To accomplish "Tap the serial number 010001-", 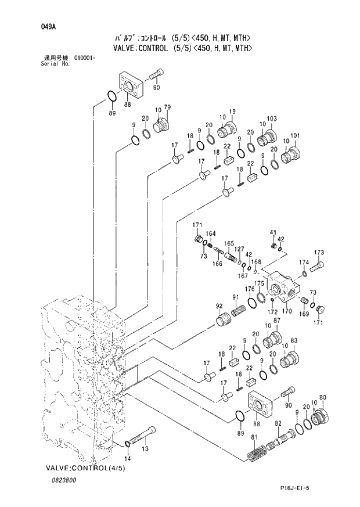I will (x=85, y=58).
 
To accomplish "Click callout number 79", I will (x=167, y=107).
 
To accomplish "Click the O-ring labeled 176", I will (x=253, y=301).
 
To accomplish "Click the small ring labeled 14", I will (x=128, y=445).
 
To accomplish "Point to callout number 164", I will (x=211, y=233).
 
